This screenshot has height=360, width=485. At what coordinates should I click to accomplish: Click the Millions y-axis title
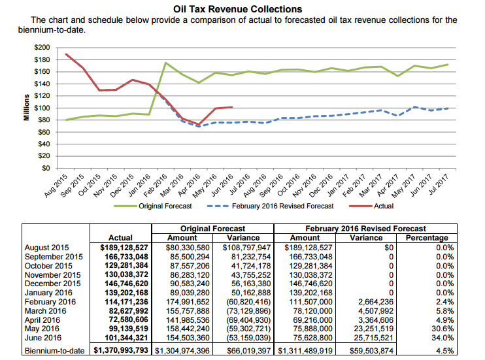(27, 107)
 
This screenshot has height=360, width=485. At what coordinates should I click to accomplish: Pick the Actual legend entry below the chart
(383, 206)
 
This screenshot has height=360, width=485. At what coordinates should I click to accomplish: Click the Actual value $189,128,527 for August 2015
(125, 248)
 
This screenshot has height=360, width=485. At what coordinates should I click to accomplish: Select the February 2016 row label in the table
(50, 302)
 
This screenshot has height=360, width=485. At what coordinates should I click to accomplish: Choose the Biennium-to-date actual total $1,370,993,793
(122, 351)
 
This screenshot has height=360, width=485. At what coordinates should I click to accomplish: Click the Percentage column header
(426, 238)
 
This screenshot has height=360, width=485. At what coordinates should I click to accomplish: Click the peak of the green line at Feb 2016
(166, 63)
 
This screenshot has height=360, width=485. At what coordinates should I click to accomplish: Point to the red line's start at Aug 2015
(67, 54)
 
